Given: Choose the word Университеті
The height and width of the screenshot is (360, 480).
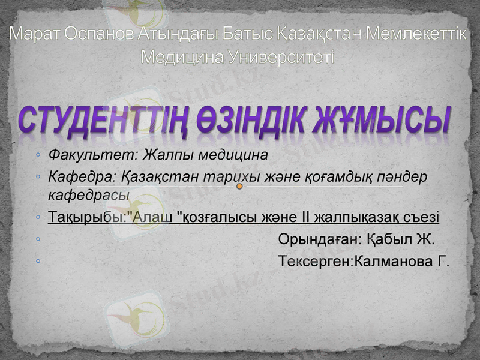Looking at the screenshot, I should click(281, 57).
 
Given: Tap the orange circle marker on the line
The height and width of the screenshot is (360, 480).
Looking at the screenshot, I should click(239, 187).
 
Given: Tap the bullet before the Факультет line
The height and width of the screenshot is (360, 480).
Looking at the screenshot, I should click(38, 155).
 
